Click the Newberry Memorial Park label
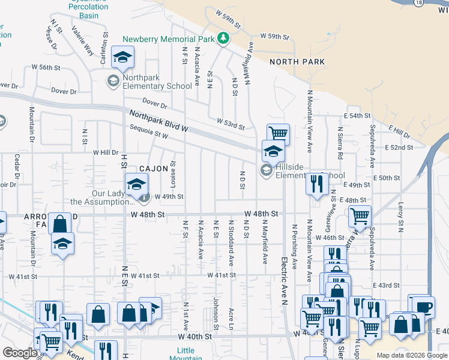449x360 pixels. coord(168,39)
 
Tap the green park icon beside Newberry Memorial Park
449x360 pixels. coord(223,39)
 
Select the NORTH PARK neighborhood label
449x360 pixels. coord(297,62)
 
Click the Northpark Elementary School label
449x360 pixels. coord(157,82)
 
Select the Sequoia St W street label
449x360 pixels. coord(148,131)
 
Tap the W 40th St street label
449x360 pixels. coord(195,337)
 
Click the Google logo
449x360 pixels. coord(20,353)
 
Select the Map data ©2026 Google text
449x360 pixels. coord(411,355)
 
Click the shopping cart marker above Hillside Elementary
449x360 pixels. coord(278,134)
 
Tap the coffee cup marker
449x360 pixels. coord(423,306)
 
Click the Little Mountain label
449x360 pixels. coord(185,354)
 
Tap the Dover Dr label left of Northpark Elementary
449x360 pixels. coord(64,92)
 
